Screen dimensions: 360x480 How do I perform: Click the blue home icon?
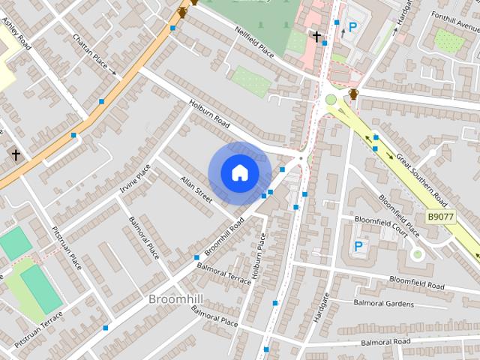[239, 172]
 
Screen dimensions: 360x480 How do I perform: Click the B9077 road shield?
[441, 217]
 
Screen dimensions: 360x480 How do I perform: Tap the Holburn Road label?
[208, 114]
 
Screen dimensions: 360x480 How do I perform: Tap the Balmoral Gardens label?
[382, 304]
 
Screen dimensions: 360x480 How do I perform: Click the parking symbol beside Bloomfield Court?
[358, 246]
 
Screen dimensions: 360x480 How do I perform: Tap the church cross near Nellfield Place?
[316, 36]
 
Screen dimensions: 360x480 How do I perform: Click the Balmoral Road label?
[385, 342]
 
